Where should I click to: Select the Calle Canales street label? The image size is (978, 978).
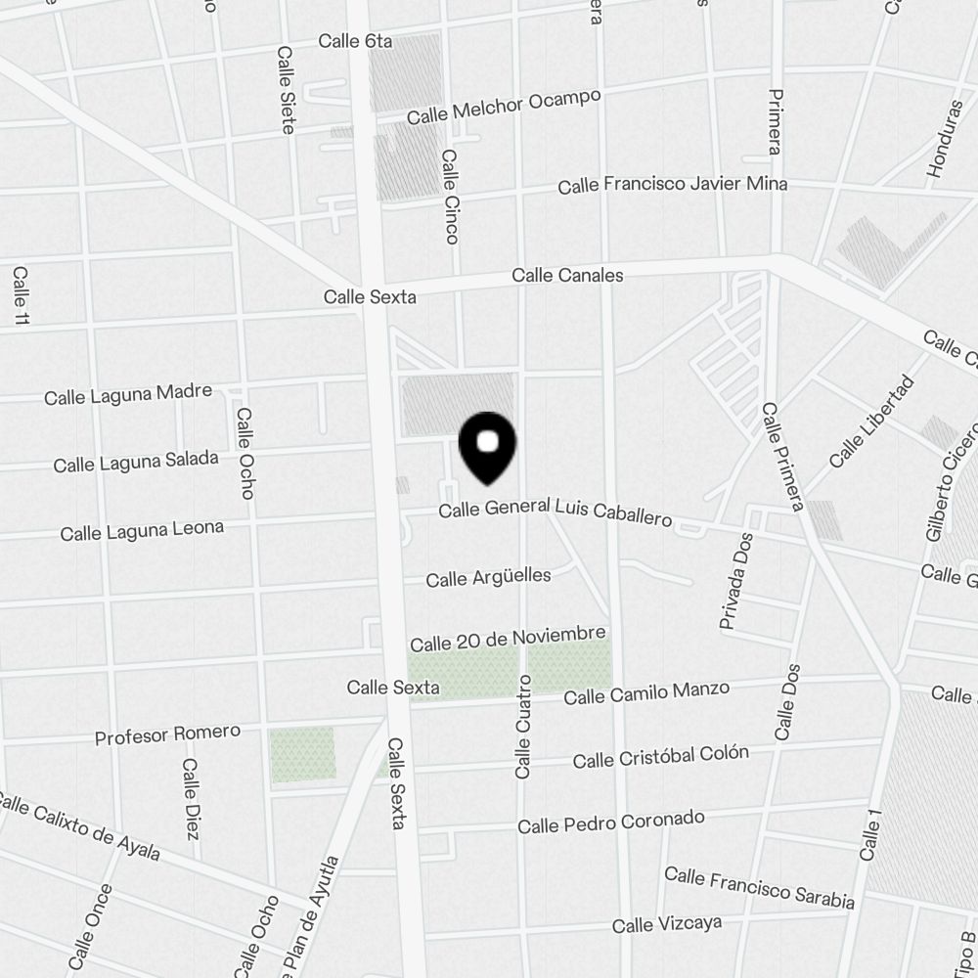[x=567, y=276]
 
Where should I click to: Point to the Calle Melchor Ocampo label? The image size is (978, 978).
[x=504, y=107]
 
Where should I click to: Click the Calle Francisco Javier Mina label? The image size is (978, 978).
[x=672, y=185]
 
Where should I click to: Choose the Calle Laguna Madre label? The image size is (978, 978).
[x=128, y=394]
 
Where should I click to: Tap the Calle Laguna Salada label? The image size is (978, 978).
[x=136, y=462]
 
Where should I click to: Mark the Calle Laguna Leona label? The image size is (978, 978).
[x=142, y=530]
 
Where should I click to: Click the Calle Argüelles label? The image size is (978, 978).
[x=488, y=577]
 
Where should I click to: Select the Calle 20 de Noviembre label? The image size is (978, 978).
[x=508, y=640]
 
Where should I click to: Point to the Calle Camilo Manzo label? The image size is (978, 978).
[x=646, y=692]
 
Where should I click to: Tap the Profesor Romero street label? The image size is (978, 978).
[x=167, y=733]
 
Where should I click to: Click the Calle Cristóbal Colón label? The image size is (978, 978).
[x=661, y=756]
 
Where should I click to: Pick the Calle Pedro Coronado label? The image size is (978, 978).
[x=610, y=822]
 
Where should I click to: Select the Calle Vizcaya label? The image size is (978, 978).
[x=667, y=923]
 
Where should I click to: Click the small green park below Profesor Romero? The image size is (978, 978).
[x=303, y=754]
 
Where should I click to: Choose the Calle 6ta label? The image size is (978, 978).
[x=355, y=41]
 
